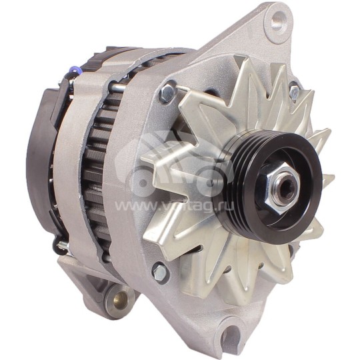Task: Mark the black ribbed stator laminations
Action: [97, 167]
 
